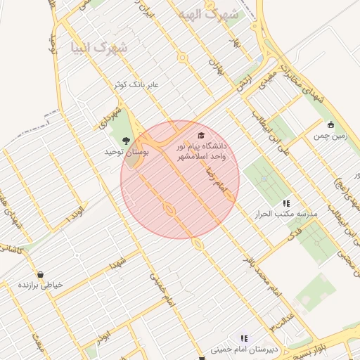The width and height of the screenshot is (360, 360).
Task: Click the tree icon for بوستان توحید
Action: (x=127, y=141)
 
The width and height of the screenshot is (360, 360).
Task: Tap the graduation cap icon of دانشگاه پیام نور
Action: (x=202, y=135)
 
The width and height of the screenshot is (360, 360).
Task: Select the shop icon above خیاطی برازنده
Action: (x=40, y=274)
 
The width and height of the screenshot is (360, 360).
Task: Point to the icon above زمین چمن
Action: (x=330, y=124)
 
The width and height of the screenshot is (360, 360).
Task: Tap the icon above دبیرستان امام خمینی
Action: (x=244, y=338)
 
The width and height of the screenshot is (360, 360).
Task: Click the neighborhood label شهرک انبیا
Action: (x=99, y=49)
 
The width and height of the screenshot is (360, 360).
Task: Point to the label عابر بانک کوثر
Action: (x=138, y=84)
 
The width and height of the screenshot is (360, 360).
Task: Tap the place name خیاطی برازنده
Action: (x=41, y=285)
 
